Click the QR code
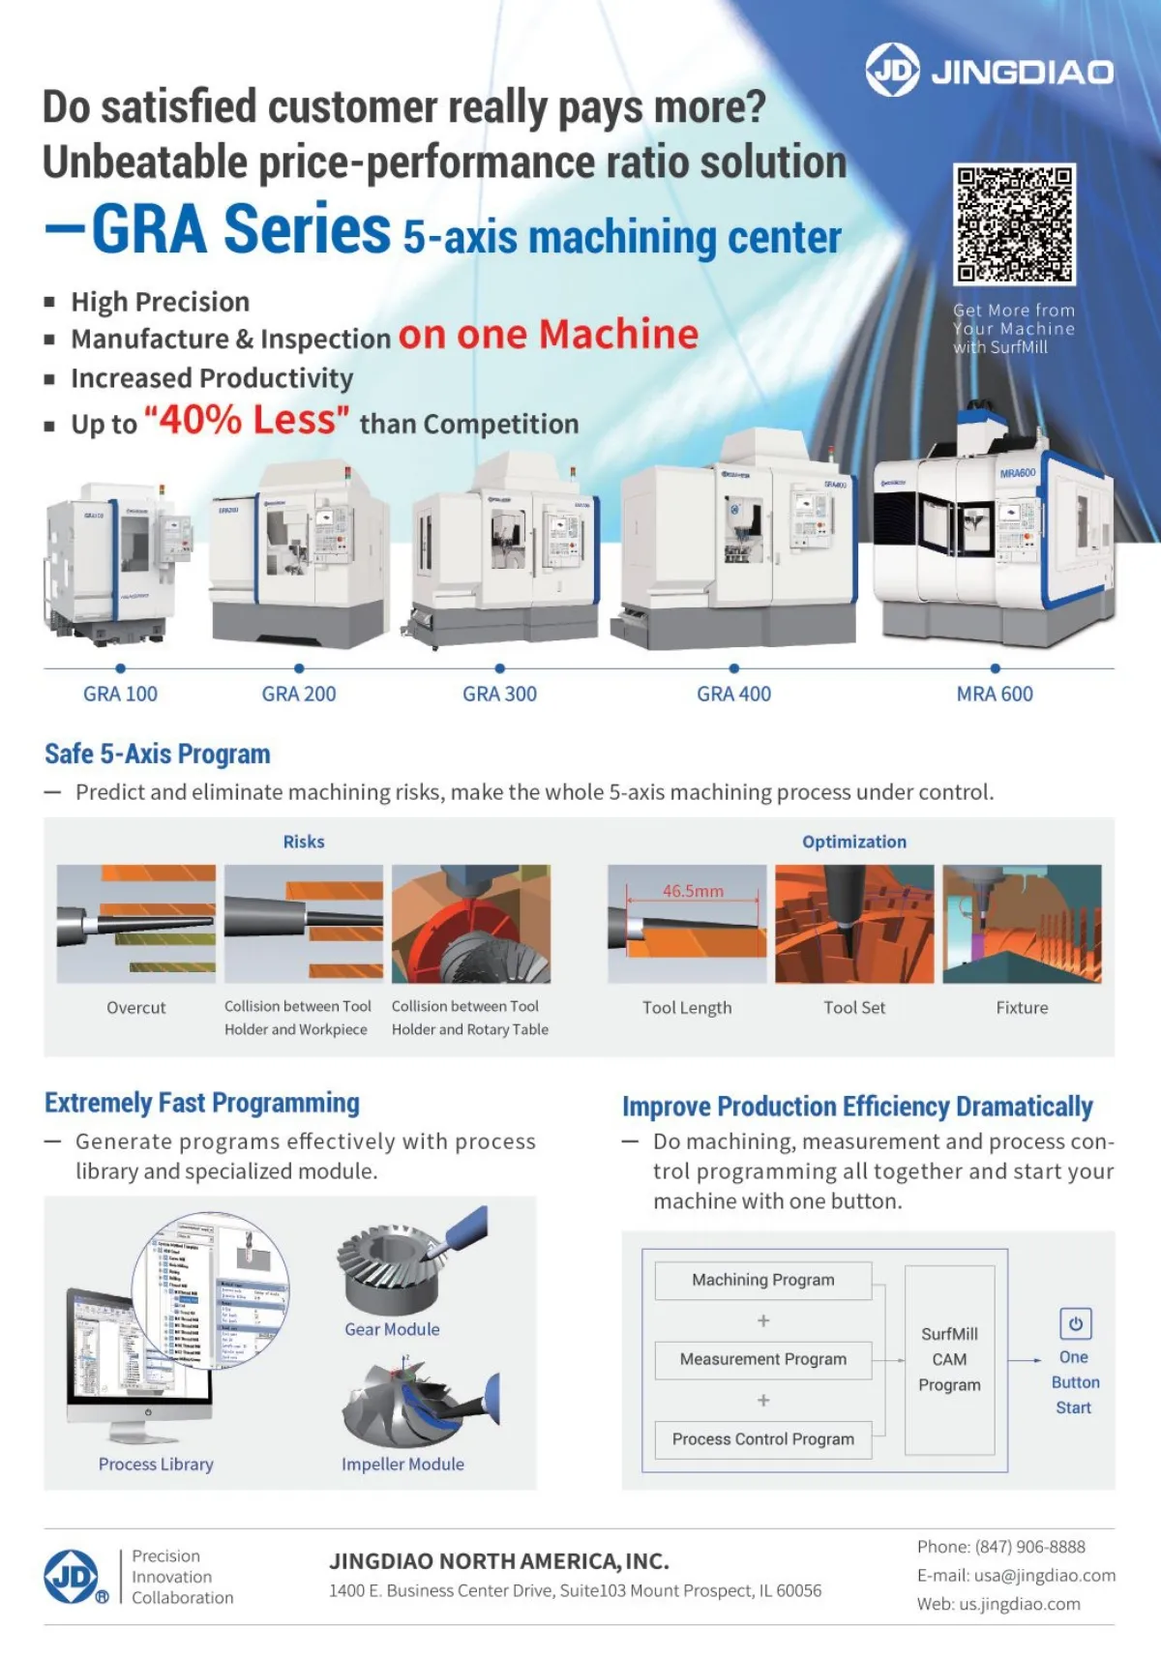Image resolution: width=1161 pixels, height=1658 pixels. (1014, 223)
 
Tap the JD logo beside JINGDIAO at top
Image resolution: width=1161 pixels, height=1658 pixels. (891, 70)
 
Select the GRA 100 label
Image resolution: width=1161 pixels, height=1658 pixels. (120, 694)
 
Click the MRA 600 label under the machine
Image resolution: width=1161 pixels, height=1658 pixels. (995, 694)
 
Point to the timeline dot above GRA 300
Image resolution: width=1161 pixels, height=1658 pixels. (499, 668)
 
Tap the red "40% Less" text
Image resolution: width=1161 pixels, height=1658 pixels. (247, 421)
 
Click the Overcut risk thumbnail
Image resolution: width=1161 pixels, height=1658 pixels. (136, 924)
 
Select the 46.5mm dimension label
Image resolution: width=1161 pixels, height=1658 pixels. (693, 891)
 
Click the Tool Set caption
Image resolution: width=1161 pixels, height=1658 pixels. (854, 1007)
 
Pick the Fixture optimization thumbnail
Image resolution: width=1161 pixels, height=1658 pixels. (1022, 924)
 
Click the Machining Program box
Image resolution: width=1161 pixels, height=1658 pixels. (762, 1280)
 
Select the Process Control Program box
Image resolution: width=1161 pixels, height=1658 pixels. (762, 1439)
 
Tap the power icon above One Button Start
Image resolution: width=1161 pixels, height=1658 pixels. (1075, 1323)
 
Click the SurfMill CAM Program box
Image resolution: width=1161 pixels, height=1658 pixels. (949, 1359)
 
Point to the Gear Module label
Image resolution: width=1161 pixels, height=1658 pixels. (392, 1329)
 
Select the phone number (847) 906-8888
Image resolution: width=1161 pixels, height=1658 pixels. (1029, 1547)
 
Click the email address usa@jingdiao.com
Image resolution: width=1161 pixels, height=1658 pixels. (1044, 1576)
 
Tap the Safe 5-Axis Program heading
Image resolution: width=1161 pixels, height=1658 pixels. (158, 754)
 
